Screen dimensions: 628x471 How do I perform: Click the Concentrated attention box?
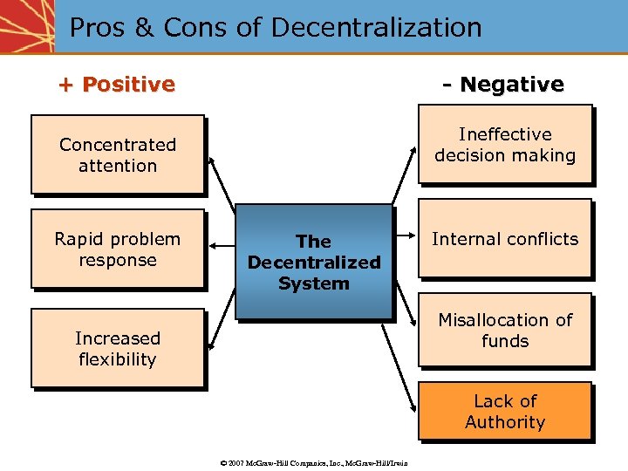pyautogui.click(x=118, y=154)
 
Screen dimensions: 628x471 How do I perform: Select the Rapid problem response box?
pyautogui.click(x=118, y=249)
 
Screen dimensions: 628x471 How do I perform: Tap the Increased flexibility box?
pyautogui.click(x=118, y=348)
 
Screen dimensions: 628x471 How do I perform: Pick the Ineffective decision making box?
pyautogui.click(x=505, y=145)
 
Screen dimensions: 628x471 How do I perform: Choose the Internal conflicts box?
pyautogui.click(x=505, y=239)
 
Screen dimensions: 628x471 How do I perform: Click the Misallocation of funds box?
pyautogui.click(x=505, y=330)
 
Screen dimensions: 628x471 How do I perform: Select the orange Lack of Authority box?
pyautogui.click(x=505, y=411)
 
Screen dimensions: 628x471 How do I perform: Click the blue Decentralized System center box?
pyautogui.click(x=314, y=262)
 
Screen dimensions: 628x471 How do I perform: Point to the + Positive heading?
pyautogui.click(x=117, y=85)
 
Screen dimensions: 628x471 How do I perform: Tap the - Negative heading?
pyautogui.click(x=503, y=85)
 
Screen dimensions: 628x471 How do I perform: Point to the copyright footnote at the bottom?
pyautogui.click(x=314, y=461)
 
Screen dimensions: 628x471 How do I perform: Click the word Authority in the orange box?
pyautogui.click(x=505, y=422)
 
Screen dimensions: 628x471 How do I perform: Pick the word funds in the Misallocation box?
pyautogui.click(x=505, y=341)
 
